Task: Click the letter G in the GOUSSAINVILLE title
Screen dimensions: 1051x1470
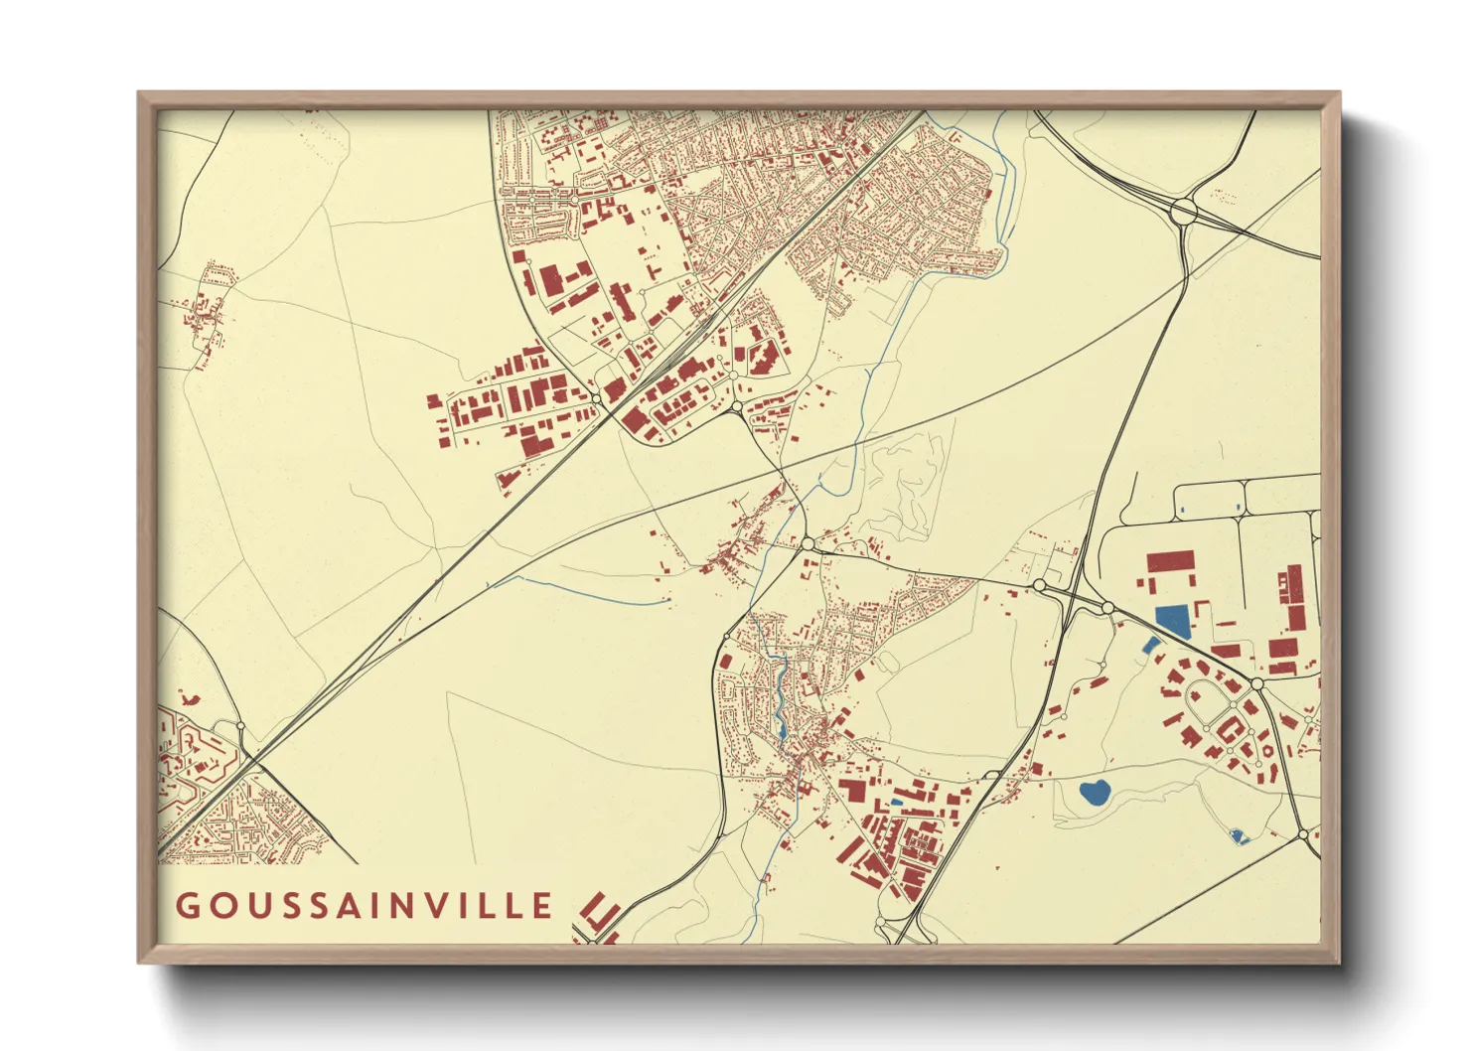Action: click(187, 906)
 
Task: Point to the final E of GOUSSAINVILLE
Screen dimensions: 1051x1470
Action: click(542, 906)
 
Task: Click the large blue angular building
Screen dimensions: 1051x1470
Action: click(1172, 621)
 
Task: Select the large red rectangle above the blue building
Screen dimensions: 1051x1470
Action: click(1170, 562)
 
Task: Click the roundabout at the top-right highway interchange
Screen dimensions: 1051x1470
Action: click(1183, 211)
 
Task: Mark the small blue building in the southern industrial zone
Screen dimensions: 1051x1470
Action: click(897, 802)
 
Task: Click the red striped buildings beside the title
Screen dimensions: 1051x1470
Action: click(600, 914)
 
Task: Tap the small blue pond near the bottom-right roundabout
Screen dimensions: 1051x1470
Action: click(1238, 836)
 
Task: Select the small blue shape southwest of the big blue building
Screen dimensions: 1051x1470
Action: click(1150, 645)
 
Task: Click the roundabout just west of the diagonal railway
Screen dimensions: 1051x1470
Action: click(596, 398)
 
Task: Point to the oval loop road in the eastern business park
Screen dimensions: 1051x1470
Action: click(1212, 705)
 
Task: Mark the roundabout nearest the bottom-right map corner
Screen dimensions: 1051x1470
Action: click(1303, 834)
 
